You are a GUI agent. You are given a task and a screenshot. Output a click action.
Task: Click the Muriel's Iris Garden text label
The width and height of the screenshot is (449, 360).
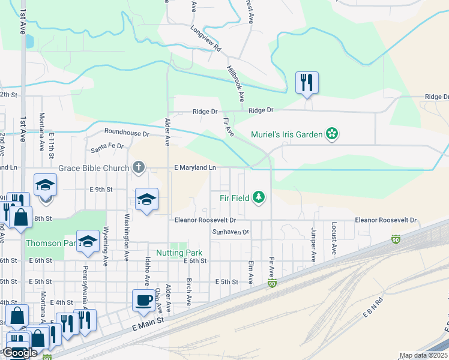(286, 134)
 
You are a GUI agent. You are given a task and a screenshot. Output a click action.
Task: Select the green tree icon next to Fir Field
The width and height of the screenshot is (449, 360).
(259, 197)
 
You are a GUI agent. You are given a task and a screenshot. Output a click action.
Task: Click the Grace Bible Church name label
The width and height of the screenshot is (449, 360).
(94, 168)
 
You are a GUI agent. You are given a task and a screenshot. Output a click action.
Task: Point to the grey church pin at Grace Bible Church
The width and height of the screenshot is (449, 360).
(139, 167)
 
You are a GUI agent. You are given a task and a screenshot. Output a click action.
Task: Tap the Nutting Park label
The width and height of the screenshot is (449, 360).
(179, 253)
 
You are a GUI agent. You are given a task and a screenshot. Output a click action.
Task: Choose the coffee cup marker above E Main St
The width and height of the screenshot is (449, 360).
(143, 301)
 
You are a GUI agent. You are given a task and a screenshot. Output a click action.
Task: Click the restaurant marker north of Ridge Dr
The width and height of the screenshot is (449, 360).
(307, 83)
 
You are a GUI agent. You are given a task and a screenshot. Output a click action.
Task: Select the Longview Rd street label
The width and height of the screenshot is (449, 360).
(206, 39)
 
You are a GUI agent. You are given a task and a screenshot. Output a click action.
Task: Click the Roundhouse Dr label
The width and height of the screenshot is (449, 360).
(126, 132)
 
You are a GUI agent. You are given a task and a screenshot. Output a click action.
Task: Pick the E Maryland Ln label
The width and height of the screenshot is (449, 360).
(195, 168)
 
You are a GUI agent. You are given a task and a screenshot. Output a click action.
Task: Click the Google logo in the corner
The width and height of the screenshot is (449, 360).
(20, 353)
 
